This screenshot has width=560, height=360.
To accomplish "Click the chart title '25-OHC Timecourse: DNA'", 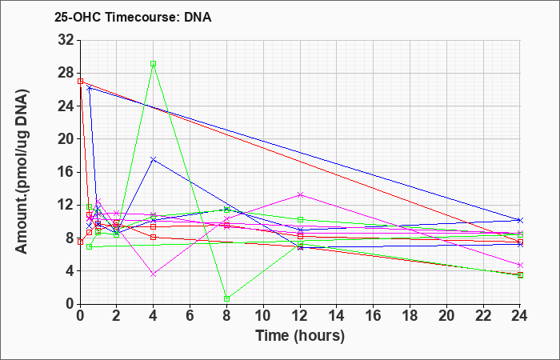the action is pos(133,17).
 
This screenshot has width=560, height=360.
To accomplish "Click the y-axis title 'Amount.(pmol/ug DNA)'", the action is pos(22,171).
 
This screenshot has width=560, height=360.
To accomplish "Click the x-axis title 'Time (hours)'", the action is pos(300,336).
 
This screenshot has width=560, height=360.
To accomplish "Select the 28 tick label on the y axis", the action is pos(66,74).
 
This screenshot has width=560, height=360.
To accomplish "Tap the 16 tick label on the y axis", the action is pos(66,172).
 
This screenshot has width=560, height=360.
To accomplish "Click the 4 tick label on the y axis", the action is pos(71,271).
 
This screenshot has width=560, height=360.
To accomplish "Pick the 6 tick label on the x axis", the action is pos(190,316).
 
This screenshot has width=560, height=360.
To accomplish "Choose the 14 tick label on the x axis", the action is pos(337,316).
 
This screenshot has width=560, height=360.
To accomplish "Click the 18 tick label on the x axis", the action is pos(410,316).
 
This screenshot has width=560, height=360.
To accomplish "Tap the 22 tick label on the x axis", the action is pos(483,316).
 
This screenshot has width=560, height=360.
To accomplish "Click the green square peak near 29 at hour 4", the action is pos(154,63).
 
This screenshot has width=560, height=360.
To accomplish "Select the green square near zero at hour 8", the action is pos(226,298).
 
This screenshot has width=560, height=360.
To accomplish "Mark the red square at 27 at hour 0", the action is pos(80,81).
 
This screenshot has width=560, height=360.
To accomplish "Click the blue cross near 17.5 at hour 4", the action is pos(154,159).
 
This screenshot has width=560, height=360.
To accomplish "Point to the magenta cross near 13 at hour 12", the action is pos(300,194).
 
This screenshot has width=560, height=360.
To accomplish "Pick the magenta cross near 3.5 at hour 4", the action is pos(154,274).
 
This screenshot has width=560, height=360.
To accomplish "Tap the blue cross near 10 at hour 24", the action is pos(520,220).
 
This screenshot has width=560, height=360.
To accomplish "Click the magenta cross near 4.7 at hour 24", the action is pos(520,265).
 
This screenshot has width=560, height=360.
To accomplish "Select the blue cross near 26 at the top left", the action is pos(90,88).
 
